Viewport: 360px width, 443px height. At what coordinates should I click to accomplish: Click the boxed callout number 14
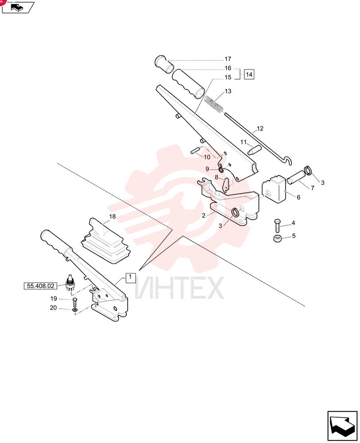(x=249, y=74)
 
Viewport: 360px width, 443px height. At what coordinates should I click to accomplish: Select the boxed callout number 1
(x=130, y=277)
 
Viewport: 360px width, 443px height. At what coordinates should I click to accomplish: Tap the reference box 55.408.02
(x=40, y=286)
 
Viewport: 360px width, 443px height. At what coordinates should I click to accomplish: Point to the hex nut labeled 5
(x=277, y=238)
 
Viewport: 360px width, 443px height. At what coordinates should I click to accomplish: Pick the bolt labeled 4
(x=277, y=225)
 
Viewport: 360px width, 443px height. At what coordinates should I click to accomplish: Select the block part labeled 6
(x=274, y=189)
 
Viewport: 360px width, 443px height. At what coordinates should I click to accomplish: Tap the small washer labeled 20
(x=75, y=311)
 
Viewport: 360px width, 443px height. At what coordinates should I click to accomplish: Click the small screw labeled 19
(x=74, y=302)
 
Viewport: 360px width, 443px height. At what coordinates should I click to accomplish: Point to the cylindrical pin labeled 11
(x=253, y=150)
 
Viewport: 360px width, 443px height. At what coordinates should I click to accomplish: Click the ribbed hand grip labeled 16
(x=188, y=84)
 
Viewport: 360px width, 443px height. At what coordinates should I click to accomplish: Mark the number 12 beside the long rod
(x=260, y=128)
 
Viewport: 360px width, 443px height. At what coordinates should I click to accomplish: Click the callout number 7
(x=313, y=188)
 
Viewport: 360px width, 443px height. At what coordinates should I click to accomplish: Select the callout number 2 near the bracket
(x=203, y=216)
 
